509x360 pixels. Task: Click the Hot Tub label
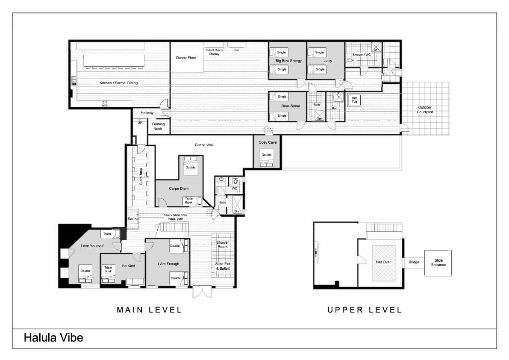coord(354,100)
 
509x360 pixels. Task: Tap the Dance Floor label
coord(186,58)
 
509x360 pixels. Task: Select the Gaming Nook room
coord(159,126)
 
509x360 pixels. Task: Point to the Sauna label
coord(133,219)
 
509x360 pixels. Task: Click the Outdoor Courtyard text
coord(425,110)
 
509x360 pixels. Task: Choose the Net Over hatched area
coord(383,263)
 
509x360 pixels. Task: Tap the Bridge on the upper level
coord(414,262)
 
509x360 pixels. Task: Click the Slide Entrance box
coord(438,263)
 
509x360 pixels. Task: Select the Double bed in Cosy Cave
coord(267,157)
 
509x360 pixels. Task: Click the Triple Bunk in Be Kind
coord(108,273)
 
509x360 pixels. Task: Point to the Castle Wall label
coord(204,145)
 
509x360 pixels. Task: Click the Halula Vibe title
coord(53,338)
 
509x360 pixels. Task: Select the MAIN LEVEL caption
coord(149,310)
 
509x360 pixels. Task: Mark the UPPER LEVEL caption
coord(365,310)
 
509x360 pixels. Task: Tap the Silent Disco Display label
coord(214,52)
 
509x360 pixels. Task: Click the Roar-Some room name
coord(291,106)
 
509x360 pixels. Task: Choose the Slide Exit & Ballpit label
coord(223,266)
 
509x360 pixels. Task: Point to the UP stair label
coord(140,123)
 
